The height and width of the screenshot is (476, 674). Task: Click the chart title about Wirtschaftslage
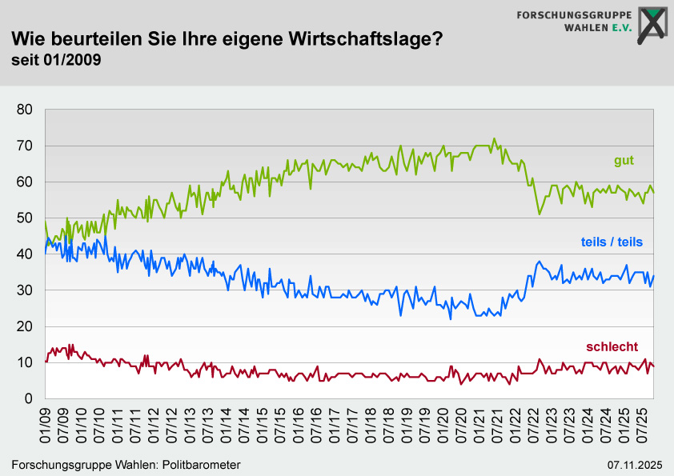226,38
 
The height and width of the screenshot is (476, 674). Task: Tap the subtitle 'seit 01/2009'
56,59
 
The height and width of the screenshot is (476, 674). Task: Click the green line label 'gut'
624,161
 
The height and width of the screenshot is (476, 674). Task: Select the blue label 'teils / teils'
612,242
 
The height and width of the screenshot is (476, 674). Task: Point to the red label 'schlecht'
612,346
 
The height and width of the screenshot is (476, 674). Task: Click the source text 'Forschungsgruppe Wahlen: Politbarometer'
126,465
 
